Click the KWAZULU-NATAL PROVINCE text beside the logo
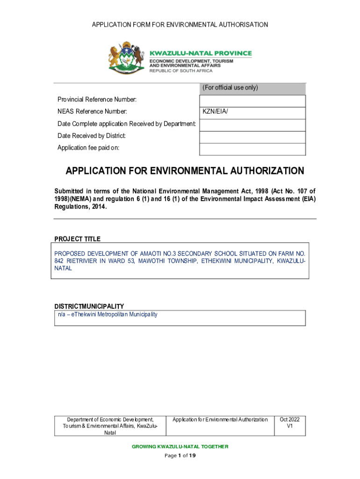(x=200, y=53)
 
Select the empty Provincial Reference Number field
(x=252, y=101)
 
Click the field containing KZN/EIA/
(x=252, y=112)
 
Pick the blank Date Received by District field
(x=252, y=137)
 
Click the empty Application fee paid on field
(x=252, y=149)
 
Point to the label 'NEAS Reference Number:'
(x=92, y=112)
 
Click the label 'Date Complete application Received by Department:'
(x=126, y=124)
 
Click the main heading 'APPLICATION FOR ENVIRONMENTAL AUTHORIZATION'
(x=185, y=171)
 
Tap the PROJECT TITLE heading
(x=78, y=239)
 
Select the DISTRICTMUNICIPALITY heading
(x=89, y=306)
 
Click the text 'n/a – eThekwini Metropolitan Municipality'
(x=108, y=314)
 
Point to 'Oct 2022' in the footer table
(x=289, y=420)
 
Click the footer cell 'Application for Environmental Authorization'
(x=220, y=420)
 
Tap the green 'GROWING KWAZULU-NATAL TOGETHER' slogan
(x=180, y=447)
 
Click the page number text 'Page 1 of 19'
(x=180, y=456)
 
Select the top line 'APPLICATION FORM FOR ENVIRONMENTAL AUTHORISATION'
(x=180, y=24)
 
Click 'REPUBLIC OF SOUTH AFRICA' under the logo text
(x=181, y=71)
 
